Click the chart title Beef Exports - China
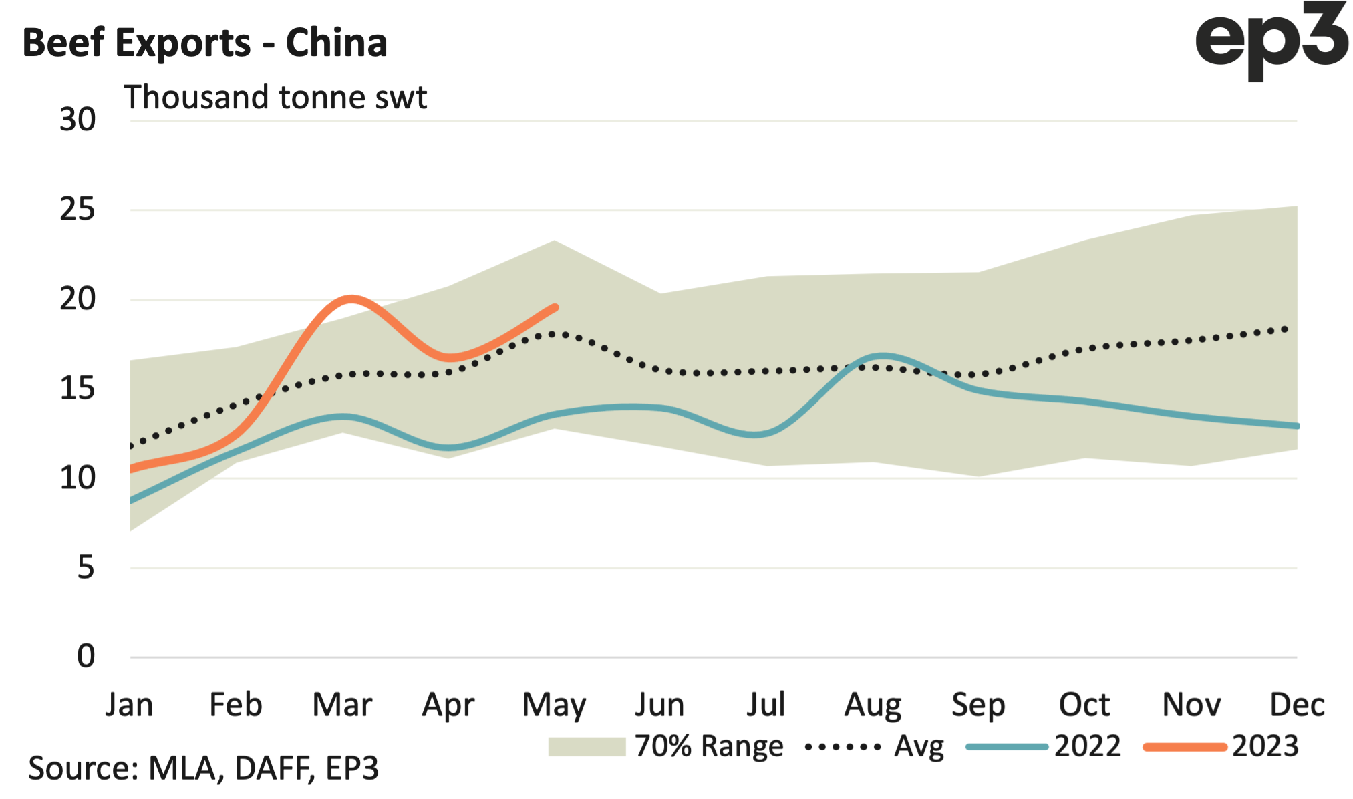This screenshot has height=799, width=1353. [204, 43]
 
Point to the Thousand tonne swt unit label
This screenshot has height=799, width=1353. [275, 98]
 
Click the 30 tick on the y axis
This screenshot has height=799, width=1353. [78, 120]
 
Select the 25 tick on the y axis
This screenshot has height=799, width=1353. [78, 210]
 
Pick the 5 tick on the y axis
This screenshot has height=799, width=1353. [86, 568]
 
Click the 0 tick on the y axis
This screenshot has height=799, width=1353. [86, 657]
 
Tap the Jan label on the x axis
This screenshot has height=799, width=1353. [129, 705]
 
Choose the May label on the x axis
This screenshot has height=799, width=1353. [554, 705]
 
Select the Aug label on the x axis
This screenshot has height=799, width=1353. [873, 705]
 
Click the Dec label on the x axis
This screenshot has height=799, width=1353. [1297, 705]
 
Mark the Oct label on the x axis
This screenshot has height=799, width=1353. [1084, 705]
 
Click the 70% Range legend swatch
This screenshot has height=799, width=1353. [586, 746]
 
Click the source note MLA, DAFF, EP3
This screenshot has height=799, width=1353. [203, 768]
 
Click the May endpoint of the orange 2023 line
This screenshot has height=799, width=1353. [555, 307]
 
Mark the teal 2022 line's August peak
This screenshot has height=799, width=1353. [883, 356]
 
